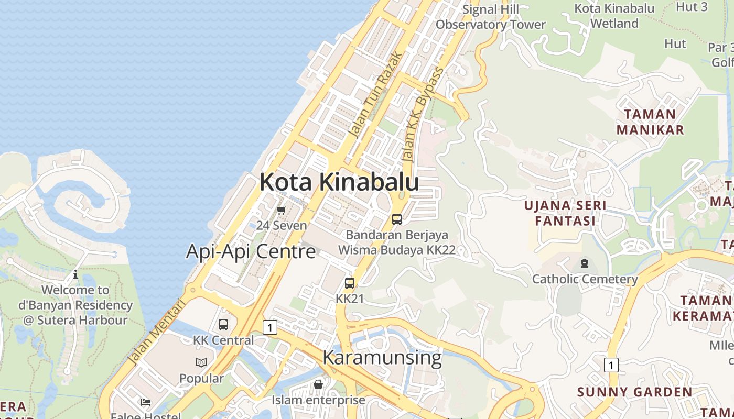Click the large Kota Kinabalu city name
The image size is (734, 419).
(x=339, y=182)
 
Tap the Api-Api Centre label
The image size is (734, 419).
(x=251, y=252)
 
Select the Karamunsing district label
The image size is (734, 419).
(x=382, y=358)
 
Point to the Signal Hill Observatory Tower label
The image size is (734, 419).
(x=491, y=17)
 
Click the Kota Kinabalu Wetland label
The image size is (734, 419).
(x=614, y=16)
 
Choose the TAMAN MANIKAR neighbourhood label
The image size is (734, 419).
(x=650, y=122)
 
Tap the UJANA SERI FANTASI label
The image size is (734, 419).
(x=565, y=213)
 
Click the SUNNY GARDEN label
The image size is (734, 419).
(x=634, y=392)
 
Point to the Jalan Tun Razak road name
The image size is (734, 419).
(x=376, y=94)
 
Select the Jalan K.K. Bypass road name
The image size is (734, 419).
(x=422, y=114)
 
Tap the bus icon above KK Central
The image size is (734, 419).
(x=223, y=325)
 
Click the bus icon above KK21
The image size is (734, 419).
(x=350, y=283)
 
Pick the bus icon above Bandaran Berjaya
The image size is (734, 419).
(x=397, y=219)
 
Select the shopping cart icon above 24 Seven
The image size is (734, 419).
(x=282, y=211)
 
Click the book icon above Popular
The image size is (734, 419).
(x=201, y=362)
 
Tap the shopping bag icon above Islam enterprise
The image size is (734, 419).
(x=318, y=385)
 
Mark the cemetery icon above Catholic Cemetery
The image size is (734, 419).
(x=585, y=263)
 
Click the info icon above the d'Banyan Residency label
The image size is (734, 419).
(x=75, y=274)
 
